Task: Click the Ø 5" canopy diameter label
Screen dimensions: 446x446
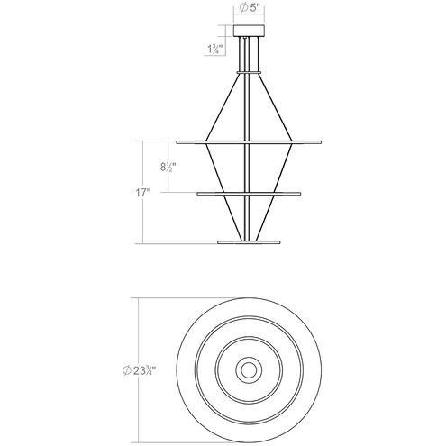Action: pyautogui.click(x=250, y=11)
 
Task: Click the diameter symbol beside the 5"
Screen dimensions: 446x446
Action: pyautogui.click(x=241, y=11)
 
